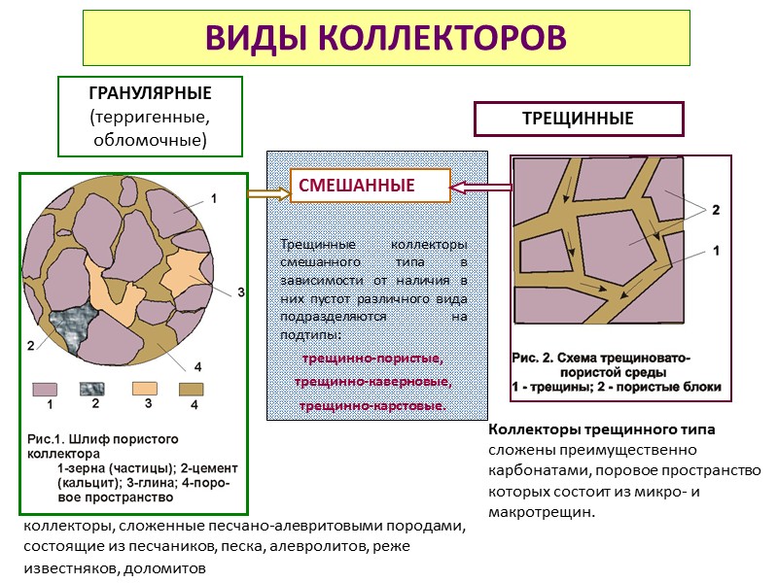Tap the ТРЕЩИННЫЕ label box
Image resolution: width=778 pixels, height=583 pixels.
(578, 120)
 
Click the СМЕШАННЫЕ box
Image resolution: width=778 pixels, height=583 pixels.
(370, 185)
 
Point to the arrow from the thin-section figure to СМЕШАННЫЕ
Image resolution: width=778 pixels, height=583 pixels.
(268, 193)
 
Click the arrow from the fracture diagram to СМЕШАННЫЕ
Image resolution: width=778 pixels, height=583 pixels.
(481, 186)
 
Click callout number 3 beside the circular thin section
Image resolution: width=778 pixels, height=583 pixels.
(240, 291)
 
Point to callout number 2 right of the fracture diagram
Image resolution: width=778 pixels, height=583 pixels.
(716, 209)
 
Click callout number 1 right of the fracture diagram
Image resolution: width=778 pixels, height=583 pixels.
(717, 250)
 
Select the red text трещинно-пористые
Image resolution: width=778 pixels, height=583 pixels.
(372, 360)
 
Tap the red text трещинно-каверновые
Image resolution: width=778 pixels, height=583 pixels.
(372, 383)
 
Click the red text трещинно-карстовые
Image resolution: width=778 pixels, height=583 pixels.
(372, 405)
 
